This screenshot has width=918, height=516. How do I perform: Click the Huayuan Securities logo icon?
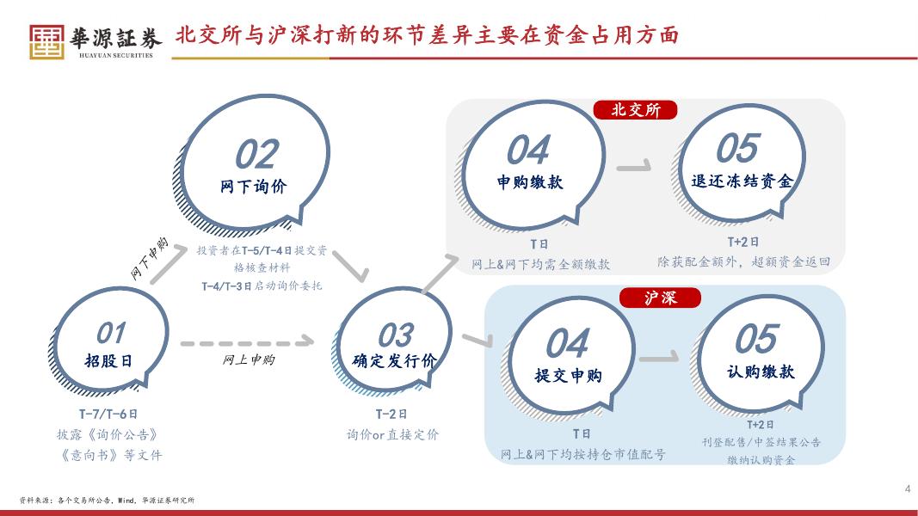point(46,40)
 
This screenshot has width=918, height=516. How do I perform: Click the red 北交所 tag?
point(636,110)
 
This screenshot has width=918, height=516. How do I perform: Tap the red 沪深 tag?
point(661,298)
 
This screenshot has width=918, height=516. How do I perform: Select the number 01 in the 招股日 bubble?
point(110,332)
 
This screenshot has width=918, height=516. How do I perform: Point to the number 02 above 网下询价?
point(256,156)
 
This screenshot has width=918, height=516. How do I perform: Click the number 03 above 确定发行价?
point(395,335)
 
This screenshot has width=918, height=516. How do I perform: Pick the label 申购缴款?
point(530,182)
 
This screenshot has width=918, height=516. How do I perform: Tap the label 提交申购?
point(568,376)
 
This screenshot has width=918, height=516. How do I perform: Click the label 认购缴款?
point(761,372)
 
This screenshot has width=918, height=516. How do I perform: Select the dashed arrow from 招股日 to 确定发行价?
point(245,343)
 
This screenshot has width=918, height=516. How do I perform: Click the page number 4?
point(907,489)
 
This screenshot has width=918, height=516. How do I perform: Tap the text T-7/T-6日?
point(108,414)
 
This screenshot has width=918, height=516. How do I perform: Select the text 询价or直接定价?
point(392,434)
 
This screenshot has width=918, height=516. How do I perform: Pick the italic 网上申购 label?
point(249,360)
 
